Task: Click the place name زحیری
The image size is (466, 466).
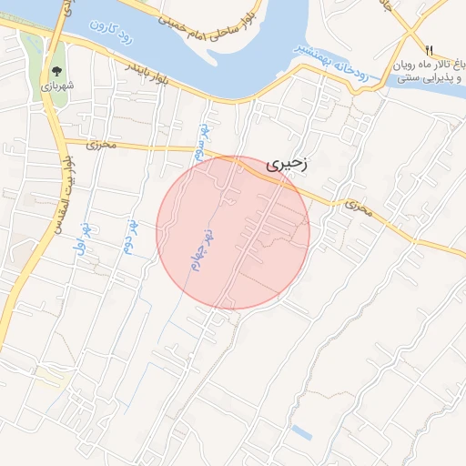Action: point(288,165)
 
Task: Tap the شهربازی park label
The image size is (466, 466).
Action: point(57,86)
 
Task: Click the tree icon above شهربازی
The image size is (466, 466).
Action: point(57,70)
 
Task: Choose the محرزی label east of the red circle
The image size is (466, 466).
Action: point(359,208)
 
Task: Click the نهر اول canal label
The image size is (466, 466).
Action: point(82,238)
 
